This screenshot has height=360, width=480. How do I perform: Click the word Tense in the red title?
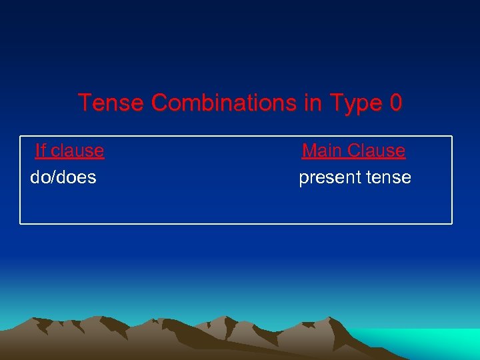click(x=111, y=103)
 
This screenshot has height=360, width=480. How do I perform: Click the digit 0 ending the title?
click(x=396, y=103)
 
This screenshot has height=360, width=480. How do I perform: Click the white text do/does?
click(x=63, y=177)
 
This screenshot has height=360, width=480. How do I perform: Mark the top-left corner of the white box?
click(x=21, y=137)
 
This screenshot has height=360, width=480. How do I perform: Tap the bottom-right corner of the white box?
click(x=451, y=223)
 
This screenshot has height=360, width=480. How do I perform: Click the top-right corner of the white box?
click(x=451, y=137)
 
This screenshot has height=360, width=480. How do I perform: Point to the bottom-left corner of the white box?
click(x=21, y=223)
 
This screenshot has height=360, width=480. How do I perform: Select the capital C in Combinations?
click(x=159, y=103)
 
